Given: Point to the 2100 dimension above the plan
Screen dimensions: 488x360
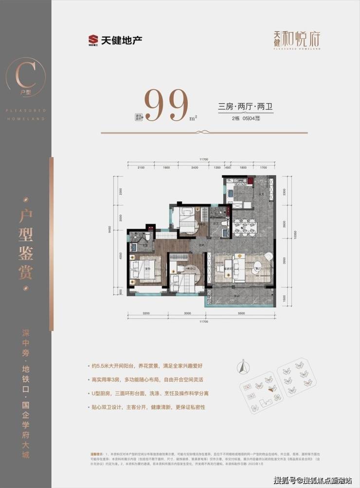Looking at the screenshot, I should point(142,168).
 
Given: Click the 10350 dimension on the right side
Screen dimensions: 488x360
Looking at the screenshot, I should point(292,239).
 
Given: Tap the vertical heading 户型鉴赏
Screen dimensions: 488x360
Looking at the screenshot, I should point(25,239).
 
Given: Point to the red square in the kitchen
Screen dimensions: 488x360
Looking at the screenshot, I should point(250,182).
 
